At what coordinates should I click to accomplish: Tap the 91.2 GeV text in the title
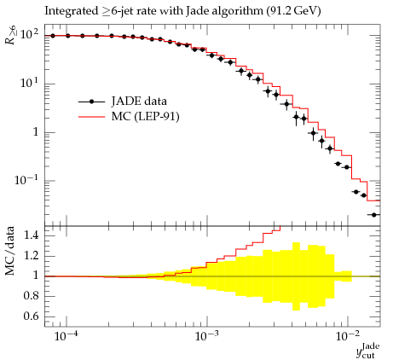click(x=293, y=11)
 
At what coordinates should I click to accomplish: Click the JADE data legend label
click(x=139, y=102)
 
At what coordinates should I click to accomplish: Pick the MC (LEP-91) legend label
click(x=145, y=117)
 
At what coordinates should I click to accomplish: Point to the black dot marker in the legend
click(x=91, y=102)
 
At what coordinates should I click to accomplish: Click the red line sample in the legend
click(x=91, y=117)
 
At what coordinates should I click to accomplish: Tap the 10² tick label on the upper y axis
click(x=29, y=34)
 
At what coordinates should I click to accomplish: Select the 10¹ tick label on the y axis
click(x=29, y=83)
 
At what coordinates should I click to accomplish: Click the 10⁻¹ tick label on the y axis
click(x=26, y=179)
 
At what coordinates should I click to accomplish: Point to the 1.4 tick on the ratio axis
click(x=31, y=235)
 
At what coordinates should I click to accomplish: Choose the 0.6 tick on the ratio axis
click(x=31, y=316)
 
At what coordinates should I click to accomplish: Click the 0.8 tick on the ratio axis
click(x=31, y=296)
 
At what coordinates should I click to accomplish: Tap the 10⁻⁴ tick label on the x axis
click(x=66, y=336)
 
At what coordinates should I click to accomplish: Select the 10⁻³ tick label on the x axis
click(x=206, y=336)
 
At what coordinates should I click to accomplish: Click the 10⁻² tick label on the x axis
click(x=347, y=336)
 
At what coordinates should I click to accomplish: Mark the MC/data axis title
click(x=10, y=251)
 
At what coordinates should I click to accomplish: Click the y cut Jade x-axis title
click(x=368, y=351)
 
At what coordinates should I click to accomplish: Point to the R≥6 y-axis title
click(x=10, y=35)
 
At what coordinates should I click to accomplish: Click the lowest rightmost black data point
click(x=374, y=215)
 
